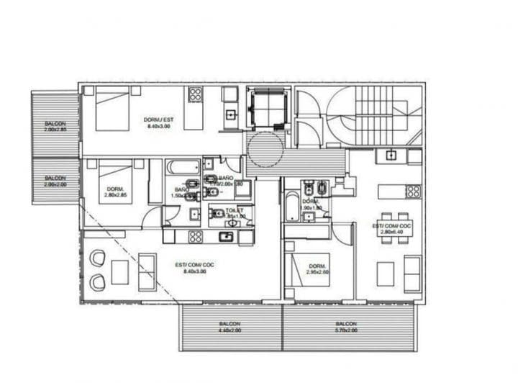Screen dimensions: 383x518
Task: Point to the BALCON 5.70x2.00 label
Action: point(347,328)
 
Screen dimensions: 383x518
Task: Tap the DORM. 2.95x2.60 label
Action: point(317,269)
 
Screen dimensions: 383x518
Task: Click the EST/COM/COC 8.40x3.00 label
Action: point(194,267)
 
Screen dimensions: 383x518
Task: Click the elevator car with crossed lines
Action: point(267,109)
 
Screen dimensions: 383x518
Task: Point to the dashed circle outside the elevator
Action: point(267,150)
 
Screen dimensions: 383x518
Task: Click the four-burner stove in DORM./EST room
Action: point(195,94)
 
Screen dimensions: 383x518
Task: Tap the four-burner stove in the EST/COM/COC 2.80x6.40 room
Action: point(413,191)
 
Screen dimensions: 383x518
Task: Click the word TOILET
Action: point(215,211)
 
